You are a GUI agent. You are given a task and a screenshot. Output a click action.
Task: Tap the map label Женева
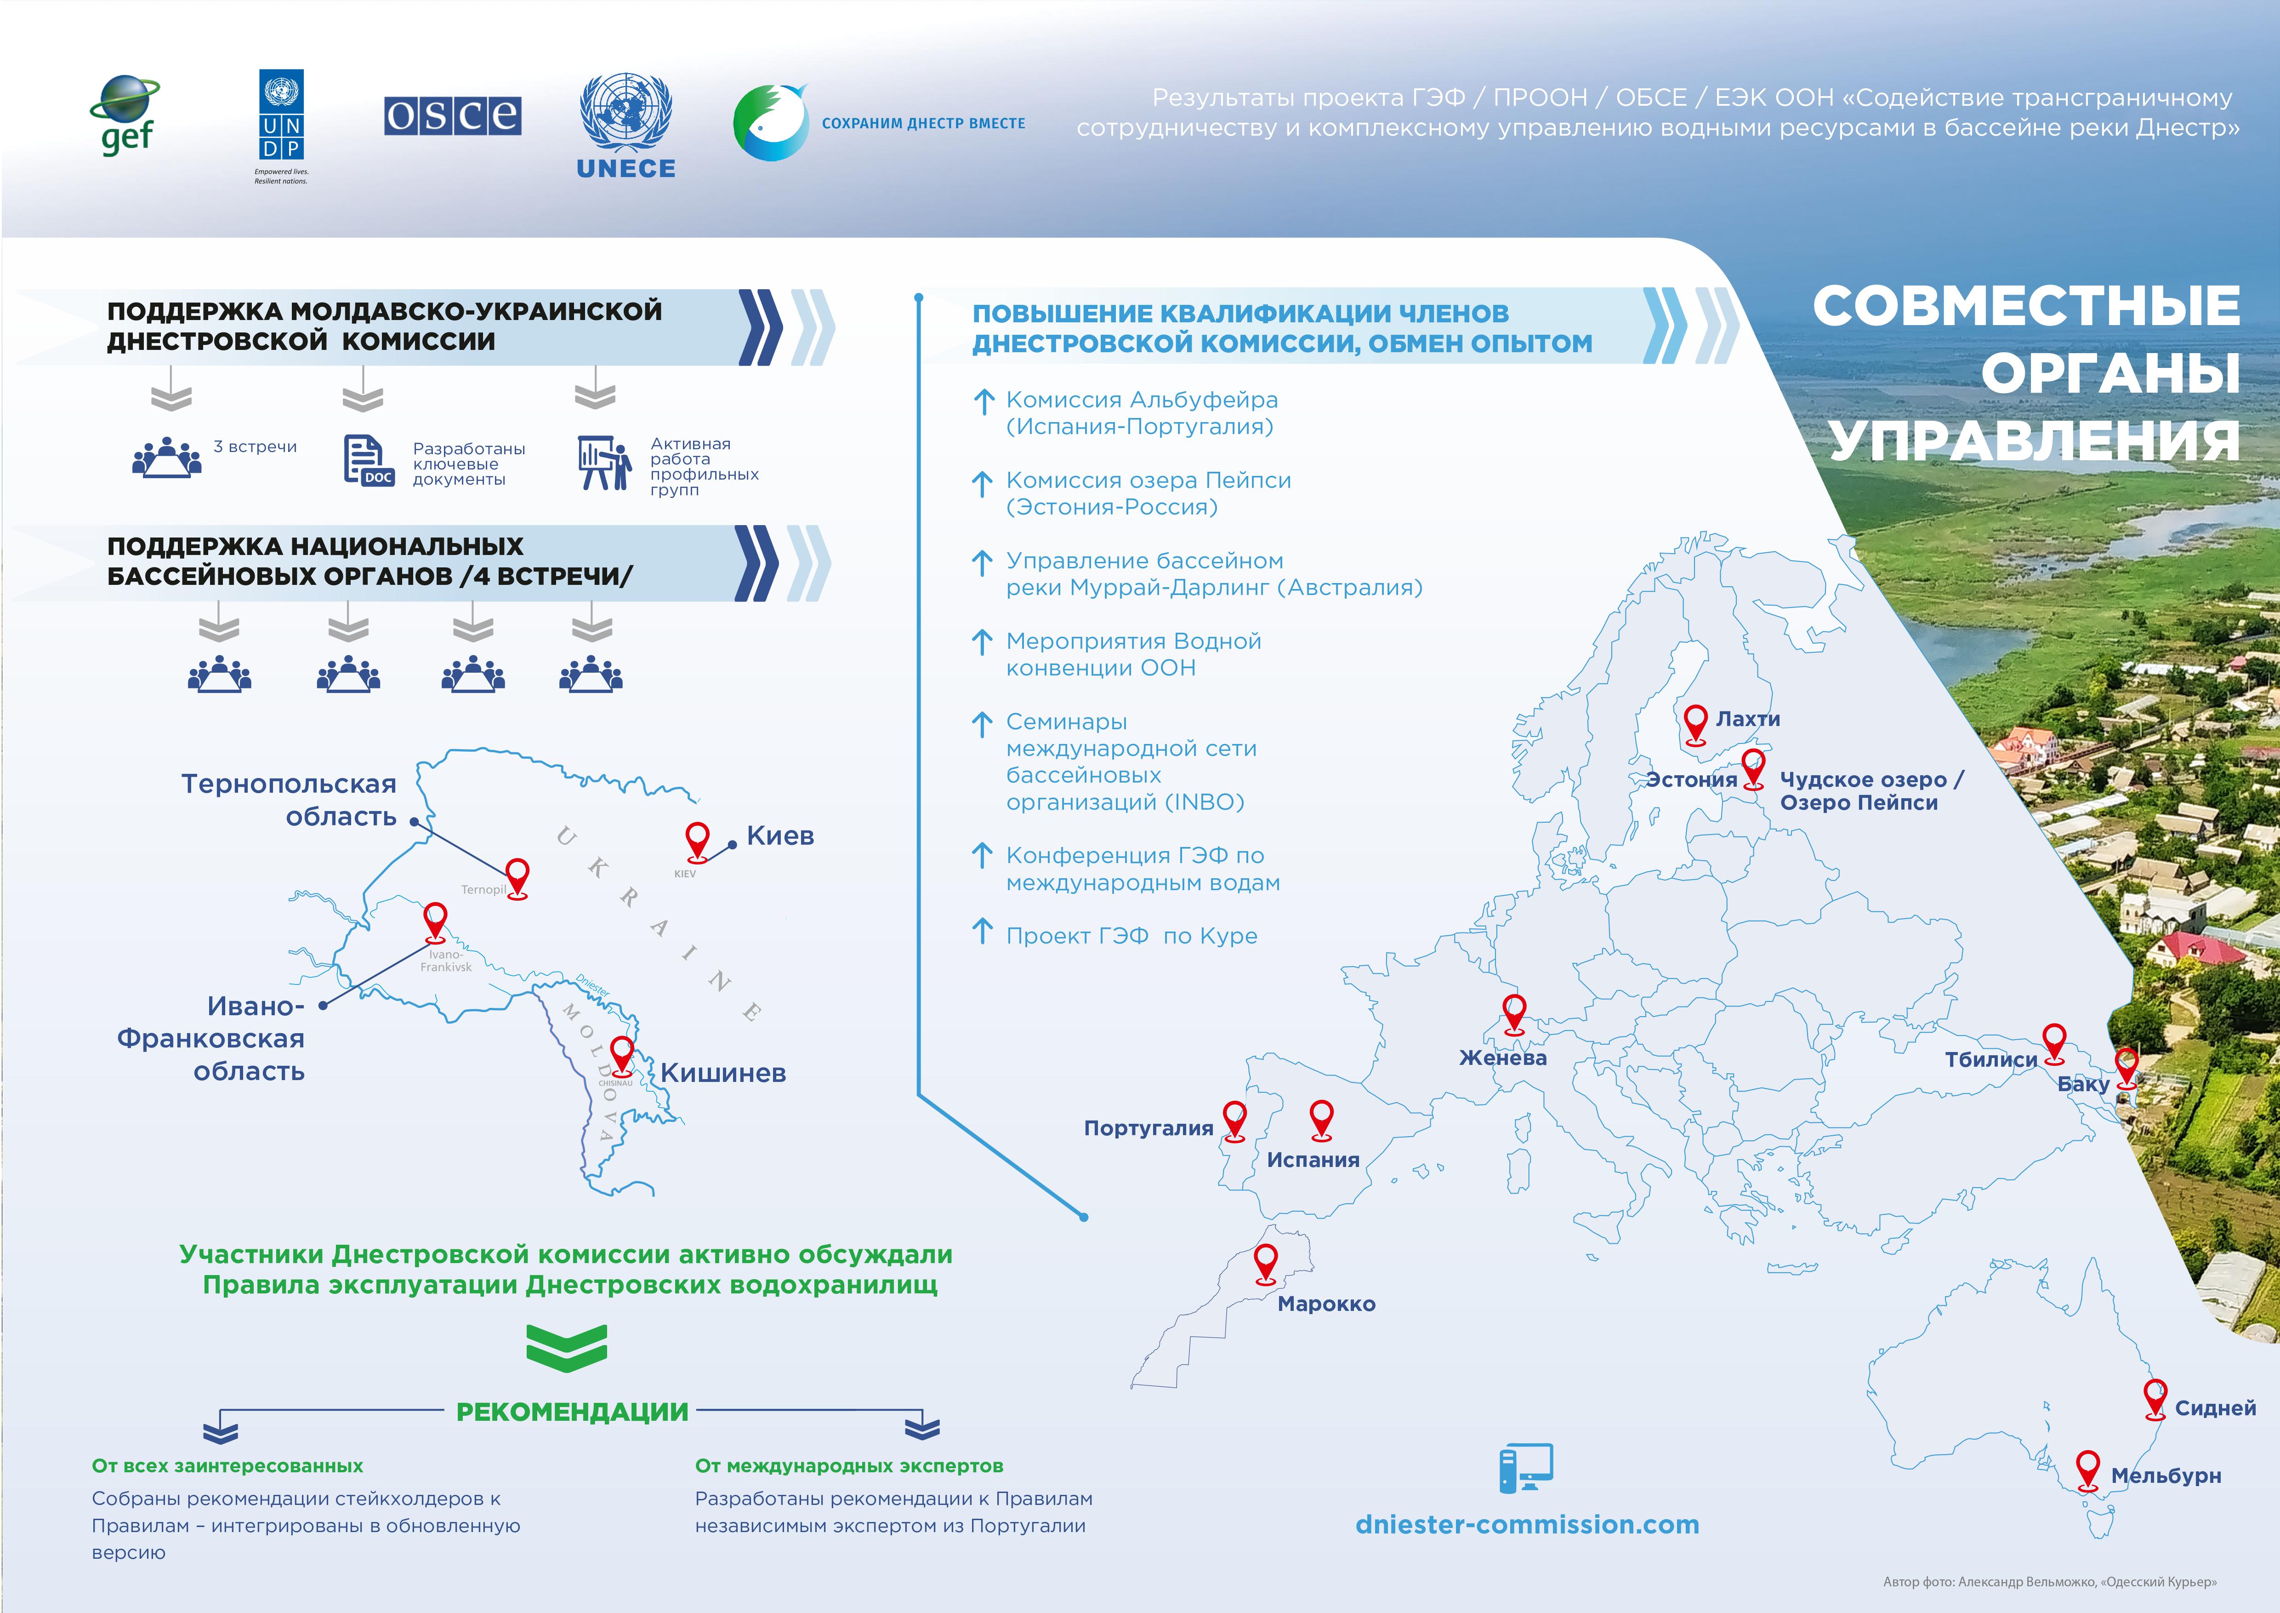[1502, 1058]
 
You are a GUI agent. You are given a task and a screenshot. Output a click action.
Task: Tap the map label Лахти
[1748, 719]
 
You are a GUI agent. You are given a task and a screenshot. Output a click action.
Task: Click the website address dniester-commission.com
[1527, 1525]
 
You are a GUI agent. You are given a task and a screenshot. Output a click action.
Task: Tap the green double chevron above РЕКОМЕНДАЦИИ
[567, 1348]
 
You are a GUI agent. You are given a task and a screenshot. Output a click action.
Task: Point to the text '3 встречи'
[255, 447]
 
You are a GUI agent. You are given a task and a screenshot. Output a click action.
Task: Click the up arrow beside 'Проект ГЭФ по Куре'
[982, 932]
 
